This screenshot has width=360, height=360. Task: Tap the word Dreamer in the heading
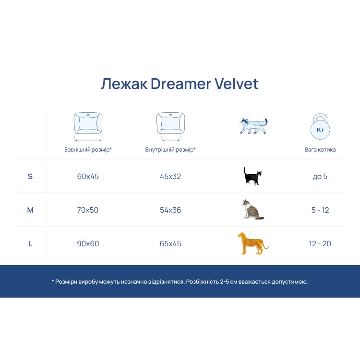pyautogui.click(x=180, y=84)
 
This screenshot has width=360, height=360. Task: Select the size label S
pyautogui.click(x=30, y=176)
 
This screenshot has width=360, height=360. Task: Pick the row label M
pyautogui.click(x=30, y=210)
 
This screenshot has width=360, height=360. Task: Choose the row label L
pyautogui.click(x=30, y=243)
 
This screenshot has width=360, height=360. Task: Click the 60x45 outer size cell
pyautogui.click(x=88, y=176)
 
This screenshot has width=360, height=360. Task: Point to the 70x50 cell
pyautogui.click(x=88, y=210)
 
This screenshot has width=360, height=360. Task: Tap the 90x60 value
pyautogui.click(x=88, y=243)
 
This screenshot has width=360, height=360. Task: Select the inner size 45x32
pyautogui.click(x=170, y=176)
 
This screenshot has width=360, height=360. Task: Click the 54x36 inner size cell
pyautogui.click(x=170, y=210)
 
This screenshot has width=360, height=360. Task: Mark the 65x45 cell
pyautogui.click(x=170, y=243)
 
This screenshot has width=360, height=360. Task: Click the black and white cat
pyautogui.click(x=252, y=176)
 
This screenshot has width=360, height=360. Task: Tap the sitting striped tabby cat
pyautogui.click(x=252, y=209)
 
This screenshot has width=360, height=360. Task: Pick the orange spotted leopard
pyautogui.click(x=252, y=243)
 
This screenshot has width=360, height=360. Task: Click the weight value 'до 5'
pyautogui.click(x=320, y=176)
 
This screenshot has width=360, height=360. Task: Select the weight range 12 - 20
pyautogui.click(x=320, y=243)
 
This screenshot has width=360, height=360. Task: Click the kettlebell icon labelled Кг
pyautogui.click(x=320, y=127)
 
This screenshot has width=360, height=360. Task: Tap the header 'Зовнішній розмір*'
pyautogui.click(x=88, y=150)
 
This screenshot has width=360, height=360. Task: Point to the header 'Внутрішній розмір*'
pyautogui.click(x=170, y=150)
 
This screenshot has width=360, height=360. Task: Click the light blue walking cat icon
pyautogui.click(x=253, y=126)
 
